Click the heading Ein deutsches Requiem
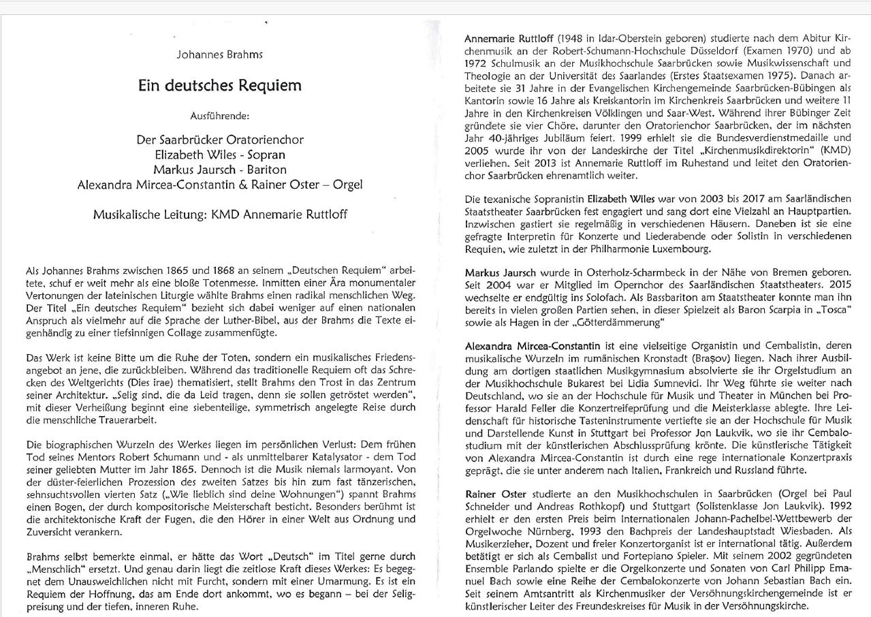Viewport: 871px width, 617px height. (x=219, y=86)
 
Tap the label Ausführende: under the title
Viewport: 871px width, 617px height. (x=219, y=116)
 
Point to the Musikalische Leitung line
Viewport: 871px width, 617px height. (x=220, y=215)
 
